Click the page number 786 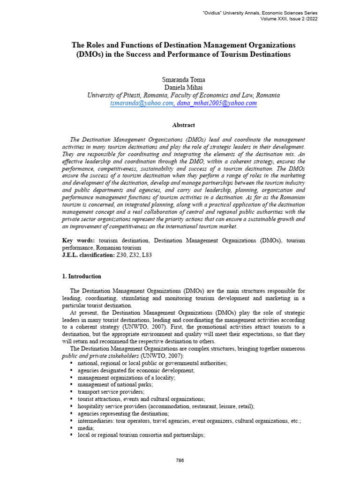pyautogui.click(x=180, y=460)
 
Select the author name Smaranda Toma pyautogui.click(x=183, y=79)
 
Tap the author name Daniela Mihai pyautogui.click(x=183, y=87)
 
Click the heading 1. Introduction pyautogui.click(x=82, y=277)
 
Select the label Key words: pyautogui.click(x=77, y=240)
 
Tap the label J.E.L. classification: pyautogui.click(x=88, y=255)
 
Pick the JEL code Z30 pyautogui.click(x=121, y=255)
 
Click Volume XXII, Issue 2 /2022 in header pyautogui.click(x=288, y=20)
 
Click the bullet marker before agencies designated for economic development pyautogui.click(x=71, y=370)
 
